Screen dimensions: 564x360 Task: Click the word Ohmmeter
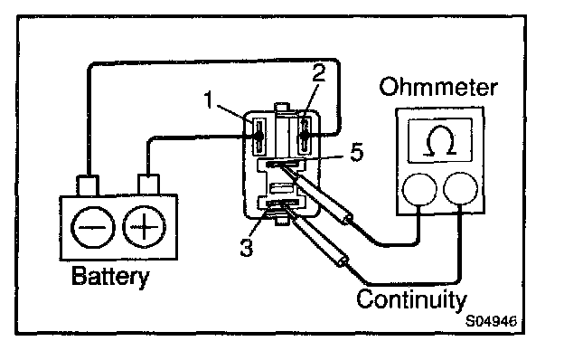click(x=438, y=87)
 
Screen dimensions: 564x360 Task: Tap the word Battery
click(x=110, y=277)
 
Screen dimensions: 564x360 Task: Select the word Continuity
click(x=411, y=299)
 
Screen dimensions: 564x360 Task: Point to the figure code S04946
click(x=491, y=321)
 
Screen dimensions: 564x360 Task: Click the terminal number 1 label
click(x=209, y=99)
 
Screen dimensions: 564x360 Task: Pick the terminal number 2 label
click(x=319, y=72)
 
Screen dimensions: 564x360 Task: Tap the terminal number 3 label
click(x=247, y=248)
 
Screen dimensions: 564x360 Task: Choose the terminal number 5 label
click(x=357, y=152)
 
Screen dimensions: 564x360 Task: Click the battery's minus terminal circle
click(x=93, y=227)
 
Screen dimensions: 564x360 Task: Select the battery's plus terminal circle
click(x=144, y=227)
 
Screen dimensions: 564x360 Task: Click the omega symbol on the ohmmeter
click(x=439, y=141)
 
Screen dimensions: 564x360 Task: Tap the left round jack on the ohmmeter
click(x=419, y=189)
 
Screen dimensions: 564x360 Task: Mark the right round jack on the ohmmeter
click(x=461, y=188)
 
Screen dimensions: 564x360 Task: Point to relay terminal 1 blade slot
click(x=258, y=136)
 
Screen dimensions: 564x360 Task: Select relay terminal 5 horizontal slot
click(x=283, y=164)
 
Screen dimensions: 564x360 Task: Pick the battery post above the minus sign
click(x=88, y=185)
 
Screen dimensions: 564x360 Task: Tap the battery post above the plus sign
click(x=148, y=185)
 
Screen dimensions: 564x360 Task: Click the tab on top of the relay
click(x=282, y=108)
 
